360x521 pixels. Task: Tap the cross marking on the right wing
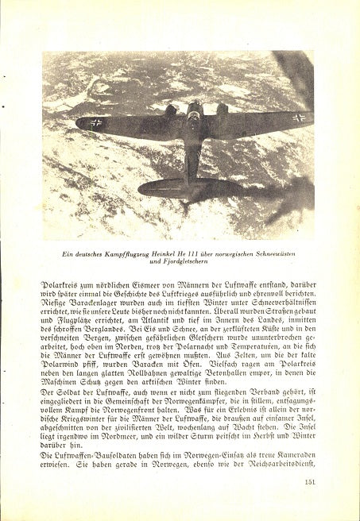(x=298, y=118)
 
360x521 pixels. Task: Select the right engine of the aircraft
(x=223, y=109)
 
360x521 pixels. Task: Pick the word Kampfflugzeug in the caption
(x=124, y=253)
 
